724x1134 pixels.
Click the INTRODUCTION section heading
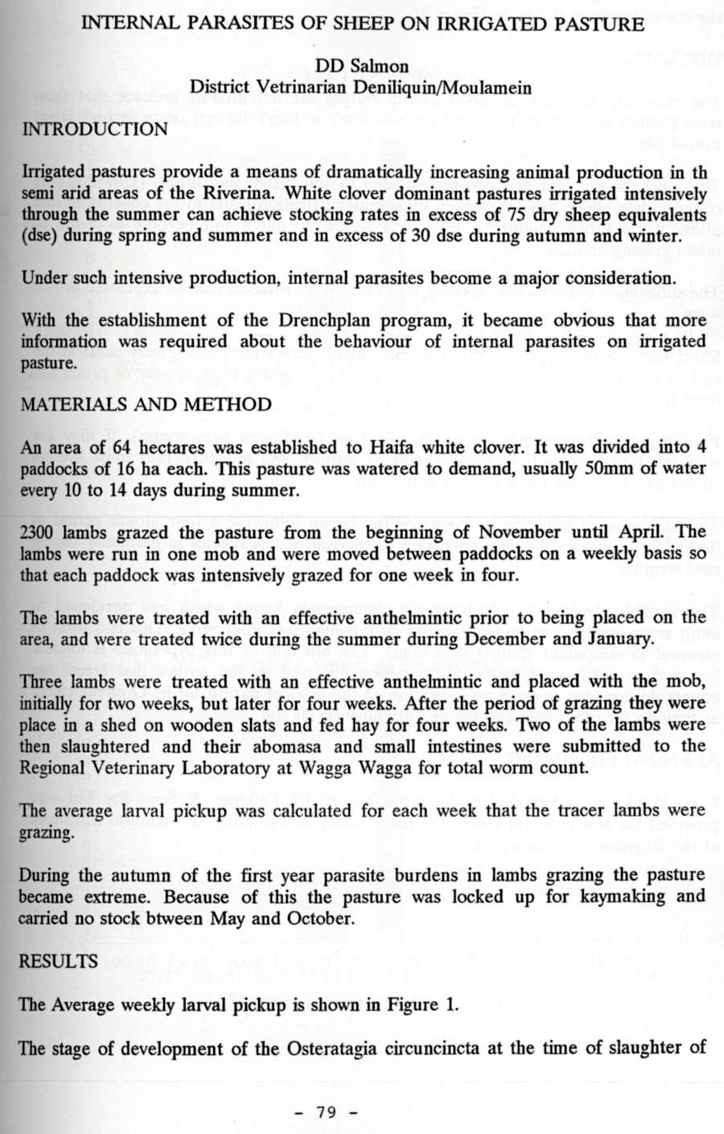pyautogui.click(x=94, y=129)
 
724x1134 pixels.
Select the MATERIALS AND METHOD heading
pyautogui.click(x=146, y=404)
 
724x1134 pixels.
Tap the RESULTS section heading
pyautogui.click(x=58, y=961)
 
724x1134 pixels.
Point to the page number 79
pyautogui.click(x=326, y=1112)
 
